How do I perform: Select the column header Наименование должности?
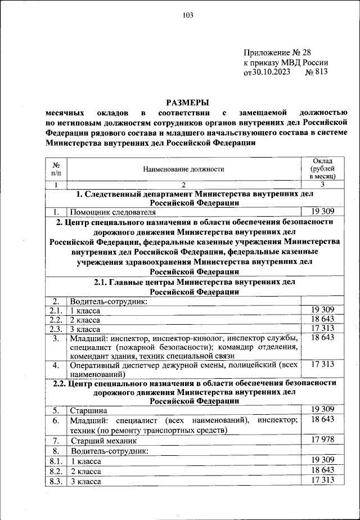click(183, 168)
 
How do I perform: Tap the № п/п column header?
click(56, 168)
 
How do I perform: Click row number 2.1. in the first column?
click(56, 310)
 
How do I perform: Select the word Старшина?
click(86, 410)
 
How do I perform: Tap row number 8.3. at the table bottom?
click(56, 481)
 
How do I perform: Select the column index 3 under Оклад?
click(322, 184)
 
